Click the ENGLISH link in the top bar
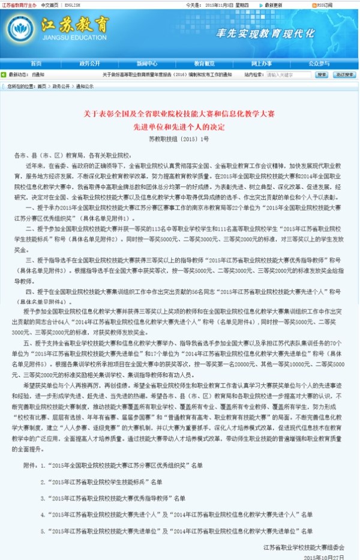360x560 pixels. coord(71,4)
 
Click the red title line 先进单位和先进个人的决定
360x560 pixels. coord(179,127)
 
